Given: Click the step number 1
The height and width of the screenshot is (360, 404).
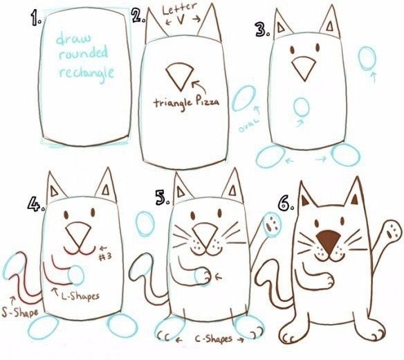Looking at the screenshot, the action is (35, 19).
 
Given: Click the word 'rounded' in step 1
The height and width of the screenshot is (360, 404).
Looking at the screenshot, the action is (83, 53).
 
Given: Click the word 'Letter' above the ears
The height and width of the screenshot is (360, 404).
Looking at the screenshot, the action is (180, 9).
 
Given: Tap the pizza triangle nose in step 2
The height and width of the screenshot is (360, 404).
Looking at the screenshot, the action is (180, 76).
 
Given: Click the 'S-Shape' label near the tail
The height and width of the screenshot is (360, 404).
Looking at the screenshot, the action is (19, 312).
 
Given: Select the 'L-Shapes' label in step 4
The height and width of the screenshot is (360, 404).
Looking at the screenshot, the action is (80, 296).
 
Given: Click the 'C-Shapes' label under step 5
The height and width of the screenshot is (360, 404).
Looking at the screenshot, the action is (214, 339).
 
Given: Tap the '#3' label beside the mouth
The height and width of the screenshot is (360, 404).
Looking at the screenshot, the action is (105, 257).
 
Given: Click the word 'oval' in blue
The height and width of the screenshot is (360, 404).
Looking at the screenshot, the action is (248, 125).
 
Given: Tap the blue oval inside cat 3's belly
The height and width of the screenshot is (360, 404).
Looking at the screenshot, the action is (302, 107).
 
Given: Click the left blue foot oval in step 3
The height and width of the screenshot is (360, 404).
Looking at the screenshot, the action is (270, 156).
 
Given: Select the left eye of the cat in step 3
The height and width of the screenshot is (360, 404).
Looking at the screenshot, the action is (293, 50).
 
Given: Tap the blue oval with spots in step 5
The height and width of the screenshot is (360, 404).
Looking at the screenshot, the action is (272, 224).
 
